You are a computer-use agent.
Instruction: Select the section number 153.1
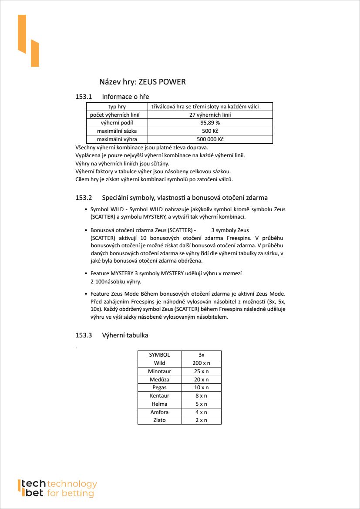(x=84, y=96)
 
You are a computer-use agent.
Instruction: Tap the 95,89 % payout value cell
(x=210, y=123)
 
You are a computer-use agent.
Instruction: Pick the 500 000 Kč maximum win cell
(x=210, y=139)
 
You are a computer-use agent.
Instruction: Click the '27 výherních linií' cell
(x=210, y=115)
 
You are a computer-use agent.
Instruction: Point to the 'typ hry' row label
(x=117, y=107)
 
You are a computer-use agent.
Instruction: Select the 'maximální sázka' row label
(x=117, y=131)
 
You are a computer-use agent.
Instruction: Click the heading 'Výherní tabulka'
(x=125, y=335)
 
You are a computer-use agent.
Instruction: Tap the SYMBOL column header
(x=159, y=355)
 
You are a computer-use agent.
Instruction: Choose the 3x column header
(x=201, y=355)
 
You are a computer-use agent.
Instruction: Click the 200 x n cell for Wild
(x=201, y=363)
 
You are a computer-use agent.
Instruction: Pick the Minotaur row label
(x=159, y=371)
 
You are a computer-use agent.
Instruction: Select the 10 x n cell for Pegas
(x=201, y=388)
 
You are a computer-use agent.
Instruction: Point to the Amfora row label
(x=159, y=412)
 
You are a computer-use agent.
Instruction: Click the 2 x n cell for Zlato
(x=201, y=420)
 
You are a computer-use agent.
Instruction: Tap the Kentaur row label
(x=159, y=396)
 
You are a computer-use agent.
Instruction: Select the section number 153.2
(x=84, y=198)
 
